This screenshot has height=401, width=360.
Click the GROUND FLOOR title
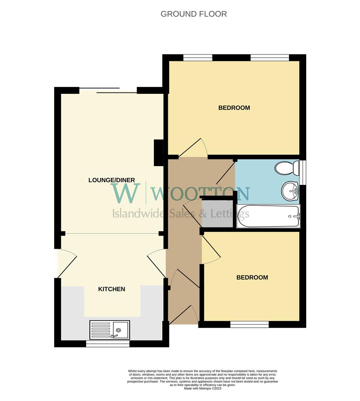(194, 14)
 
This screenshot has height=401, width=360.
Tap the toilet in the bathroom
(287, 168)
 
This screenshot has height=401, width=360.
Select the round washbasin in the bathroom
(290, 191)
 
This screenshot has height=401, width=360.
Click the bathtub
(268, 216)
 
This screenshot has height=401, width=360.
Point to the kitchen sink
(110, 330)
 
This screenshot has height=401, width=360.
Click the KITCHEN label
(111, 289)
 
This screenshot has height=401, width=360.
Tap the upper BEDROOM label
(234, 108)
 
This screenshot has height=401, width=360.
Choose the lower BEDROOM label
(252, 277)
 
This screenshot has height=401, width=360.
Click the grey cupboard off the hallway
(217, 214)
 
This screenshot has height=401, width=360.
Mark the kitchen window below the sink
(108, 344)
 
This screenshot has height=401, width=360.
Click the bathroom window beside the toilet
(303, 172)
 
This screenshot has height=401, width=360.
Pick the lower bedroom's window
(249, 325)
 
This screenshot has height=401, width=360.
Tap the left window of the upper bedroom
(198, 58)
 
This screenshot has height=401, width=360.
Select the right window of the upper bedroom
(270, 58)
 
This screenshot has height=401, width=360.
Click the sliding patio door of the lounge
(108, 90)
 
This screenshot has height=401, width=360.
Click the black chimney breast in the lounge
(159, 153)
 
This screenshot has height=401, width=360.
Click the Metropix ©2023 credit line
(202, 388)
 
